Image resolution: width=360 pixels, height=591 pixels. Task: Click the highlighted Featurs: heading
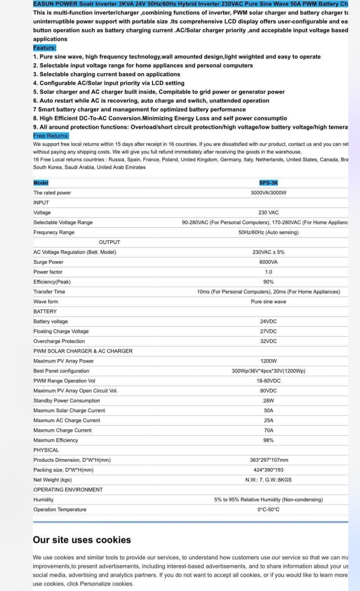pos(45,48)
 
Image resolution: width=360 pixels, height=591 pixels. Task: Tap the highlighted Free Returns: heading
pos(51,136)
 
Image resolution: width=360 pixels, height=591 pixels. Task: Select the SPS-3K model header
pos(268,183)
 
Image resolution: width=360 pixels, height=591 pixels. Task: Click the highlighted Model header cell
pos(41,183)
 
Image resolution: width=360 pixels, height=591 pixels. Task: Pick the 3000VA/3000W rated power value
pos(268,192)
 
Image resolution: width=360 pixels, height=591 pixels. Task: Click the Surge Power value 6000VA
pos(268,262)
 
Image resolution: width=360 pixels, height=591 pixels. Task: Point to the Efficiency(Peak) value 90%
pos(268,282)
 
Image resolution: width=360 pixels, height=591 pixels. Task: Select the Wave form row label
pos(46,301)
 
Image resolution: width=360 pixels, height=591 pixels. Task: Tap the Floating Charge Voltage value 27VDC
pos(268,331)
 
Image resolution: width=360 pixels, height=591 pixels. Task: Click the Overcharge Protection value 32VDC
pos(268,341)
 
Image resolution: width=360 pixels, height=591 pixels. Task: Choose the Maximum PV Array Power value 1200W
pos(268,361)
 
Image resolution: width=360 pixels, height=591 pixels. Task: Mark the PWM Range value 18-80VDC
pos(268,381)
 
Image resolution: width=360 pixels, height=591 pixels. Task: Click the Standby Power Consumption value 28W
pos(268,401)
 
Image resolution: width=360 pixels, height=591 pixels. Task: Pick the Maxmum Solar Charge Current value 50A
pos(268,410)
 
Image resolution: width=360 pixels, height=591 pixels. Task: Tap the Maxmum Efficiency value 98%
pos(268,440)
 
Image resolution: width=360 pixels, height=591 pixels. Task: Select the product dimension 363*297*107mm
pos(269,460)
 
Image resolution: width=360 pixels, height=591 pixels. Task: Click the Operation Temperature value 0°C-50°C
pos(268,510)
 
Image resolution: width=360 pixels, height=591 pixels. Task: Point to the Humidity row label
pos(43,500)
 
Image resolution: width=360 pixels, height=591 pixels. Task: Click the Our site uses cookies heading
pos(82,540)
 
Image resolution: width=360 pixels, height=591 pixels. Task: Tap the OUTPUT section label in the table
pos(109,242)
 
